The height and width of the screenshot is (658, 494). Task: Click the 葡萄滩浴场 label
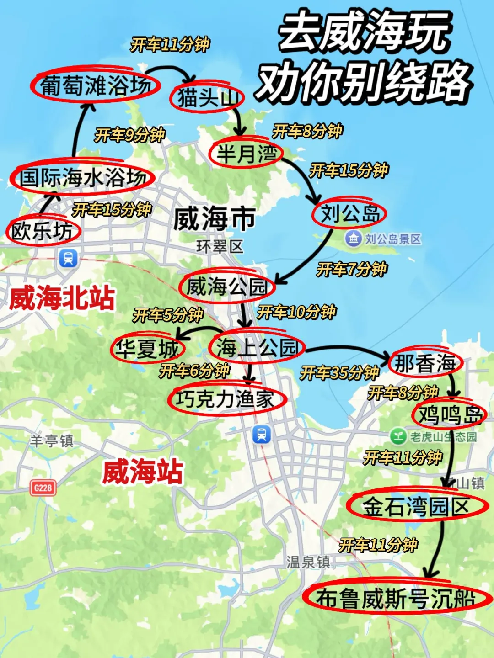(x=95, y=85)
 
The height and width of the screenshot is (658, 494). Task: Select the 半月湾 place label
(x=246, y=154)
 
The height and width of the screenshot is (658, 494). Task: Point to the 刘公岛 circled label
(x=349, y=213)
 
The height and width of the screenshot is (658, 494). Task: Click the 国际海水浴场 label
(x=82, y=177)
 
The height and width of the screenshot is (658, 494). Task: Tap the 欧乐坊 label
(x=43, y=231)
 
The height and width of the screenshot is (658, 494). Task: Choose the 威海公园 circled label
(x=227, y=287)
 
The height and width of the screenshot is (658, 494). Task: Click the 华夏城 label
(x=147, y=349)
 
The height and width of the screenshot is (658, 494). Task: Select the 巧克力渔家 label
(x=226, y=399)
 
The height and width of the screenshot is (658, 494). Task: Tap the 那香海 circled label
(x=425, y=363)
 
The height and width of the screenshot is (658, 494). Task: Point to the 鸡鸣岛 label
(x=449, y=415)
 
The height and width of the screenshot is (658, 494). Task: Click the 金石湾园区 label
(x=416, y=506)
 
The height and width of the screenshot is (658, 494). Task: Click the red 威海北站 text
(x=62, y=298)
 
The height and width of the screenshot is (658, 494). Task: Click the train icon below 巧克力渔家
(x=262, y=434)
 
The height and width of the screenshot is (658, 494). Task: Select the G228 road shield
(x=43, y=488)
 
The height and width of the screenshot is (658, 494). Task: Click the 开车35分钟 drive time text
(x=339, y=373)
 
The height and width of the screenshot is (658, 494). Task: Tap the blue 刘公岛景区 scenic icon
(x=353, y=238)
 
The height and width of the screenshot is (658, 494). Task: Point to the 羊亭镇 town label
(x=52, y=440)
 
